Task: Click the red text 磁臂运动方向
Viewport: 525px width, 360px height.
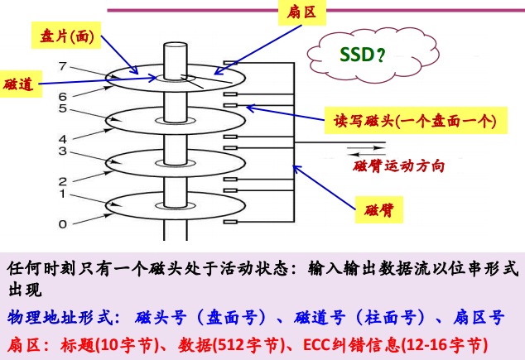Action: (x=398, y=166)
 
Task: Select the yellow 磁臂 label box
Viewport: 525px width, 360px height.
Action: (x=380, y=210)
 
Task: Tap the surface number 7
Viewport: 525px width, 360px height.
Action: (x=61, y=65)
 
